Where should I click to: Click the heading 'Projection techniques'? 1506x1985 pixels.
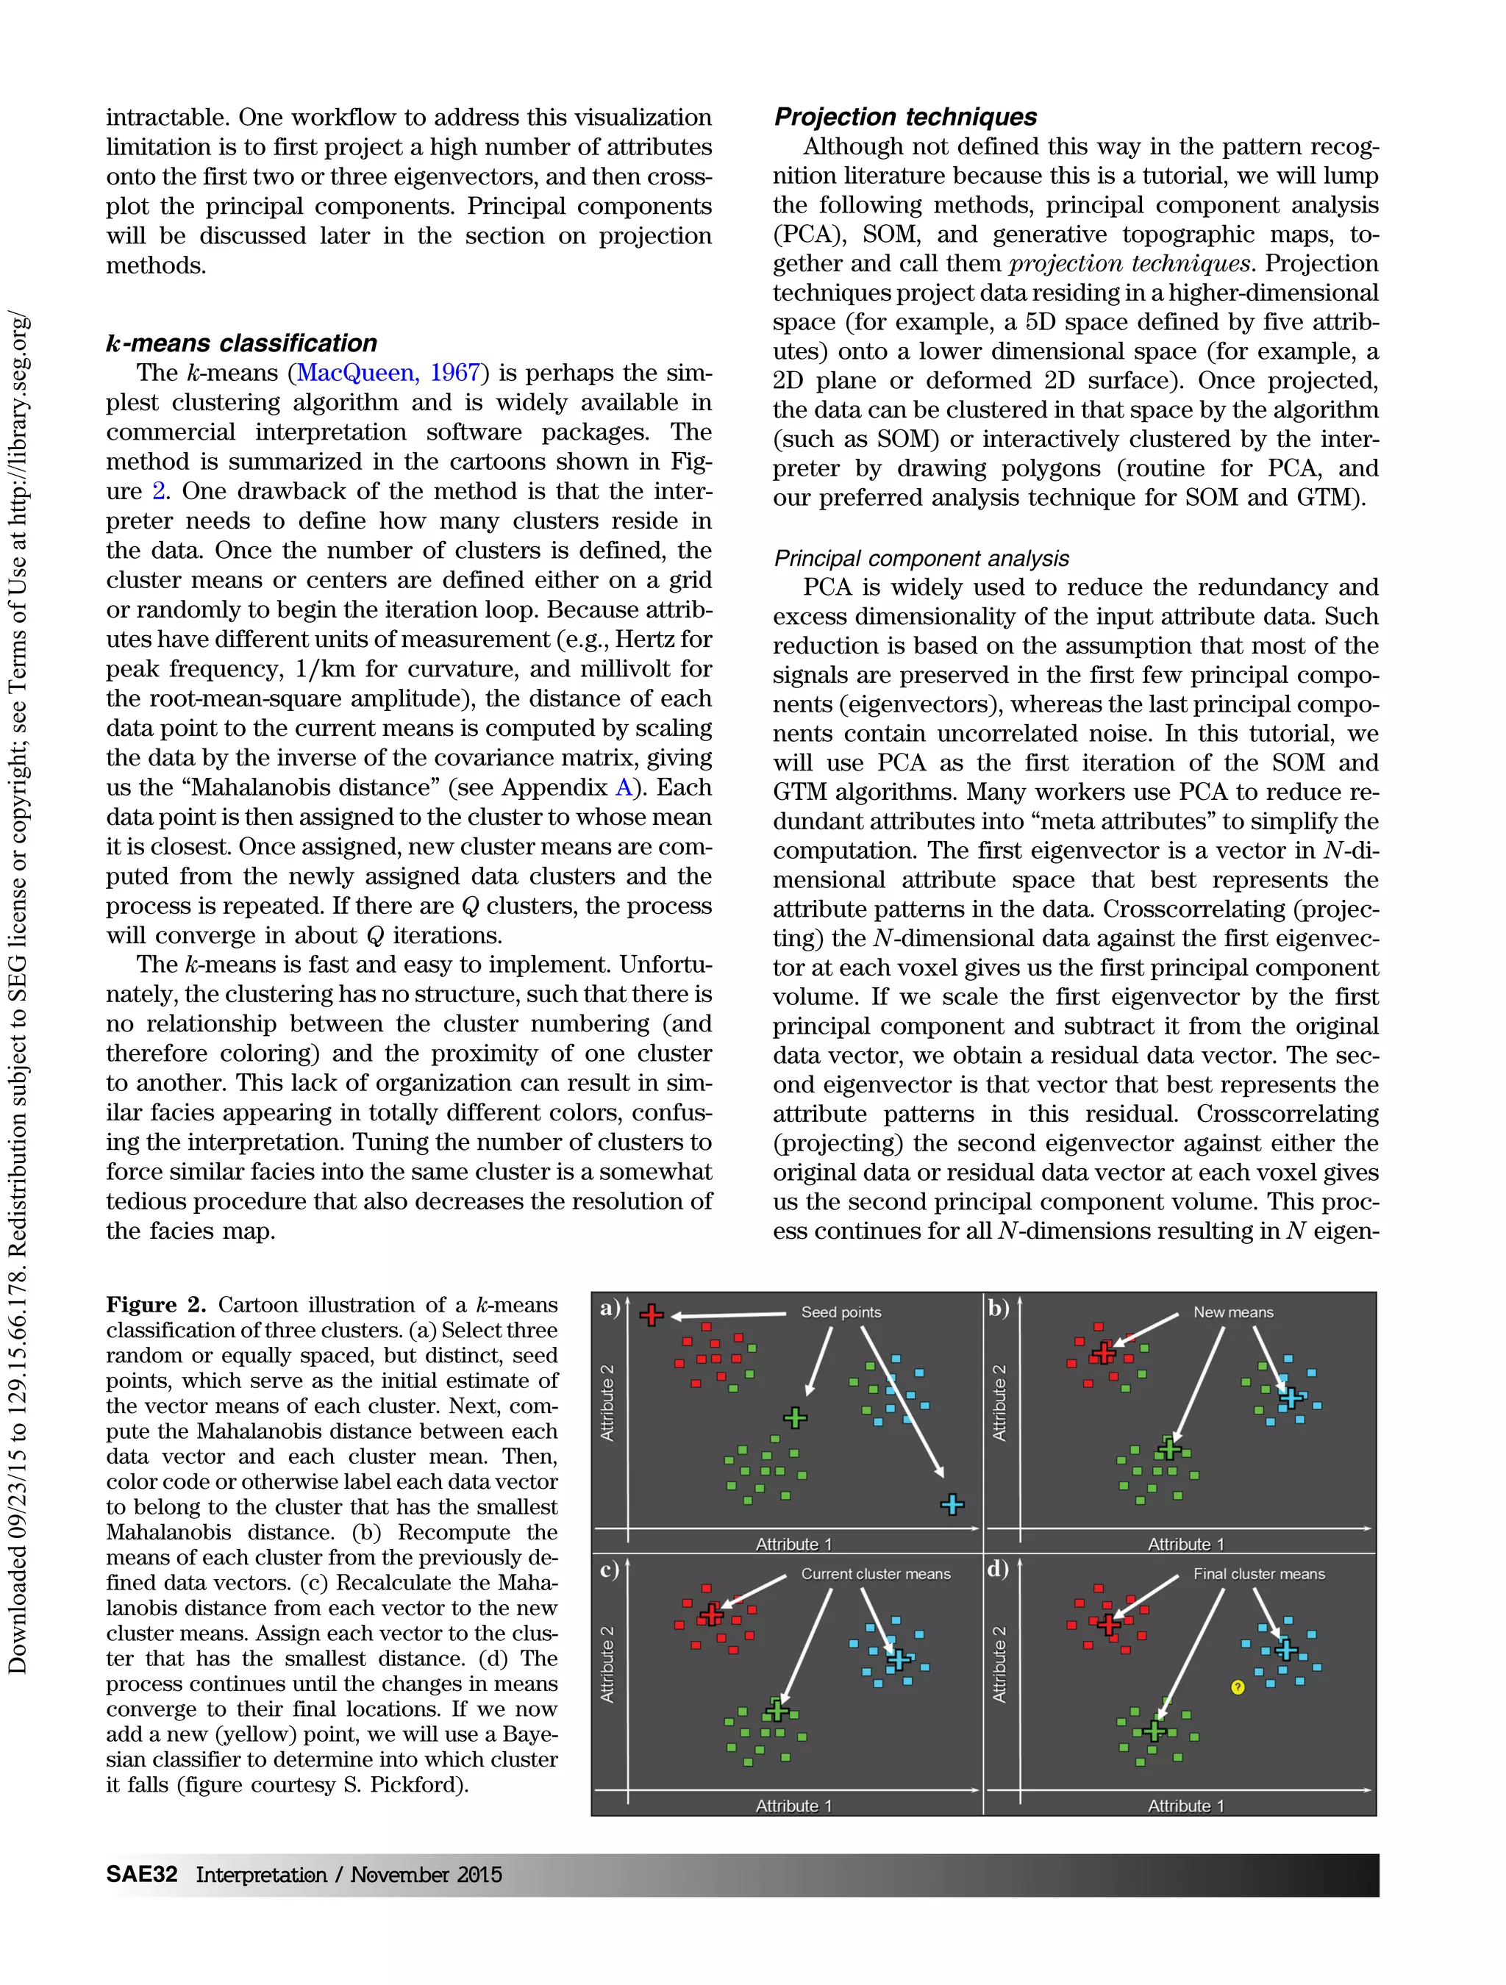[904, 117]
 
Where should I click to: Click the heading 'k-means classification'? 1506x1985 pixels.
[241, 343]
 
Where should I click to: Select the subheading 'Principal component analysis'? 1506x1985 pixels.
[921, 558]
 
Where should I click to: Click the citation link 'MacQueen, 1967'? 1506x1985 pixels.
[390, 373]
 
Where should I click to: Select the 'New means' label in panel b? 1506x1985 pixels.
[1232, 1312]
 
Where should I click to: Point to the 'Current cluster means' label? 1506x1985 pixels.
[875, 1574]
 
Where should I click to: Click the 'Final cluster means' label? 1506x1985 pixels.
[1258, 1574]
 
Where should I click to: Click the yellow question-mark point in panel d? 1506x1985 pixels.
[1238, 1688]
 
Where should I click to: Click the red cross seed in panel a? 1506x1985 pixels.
[652, 1315]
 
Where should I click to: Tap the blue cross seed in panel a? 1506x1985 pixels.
[952, 1505]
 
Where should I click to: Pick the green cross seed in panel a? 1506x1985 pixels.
[795, 1418]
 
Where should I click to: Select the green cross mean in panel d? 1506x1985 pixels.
[1155, 1730]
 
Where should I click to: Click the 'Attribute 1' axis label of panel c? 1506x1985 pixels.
[793, 1806]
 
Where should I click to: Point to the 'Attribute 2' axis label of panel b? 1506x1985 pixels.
[999, 1403]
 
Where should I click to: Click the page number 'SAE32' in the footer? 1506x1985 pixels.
[141, 1875]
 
